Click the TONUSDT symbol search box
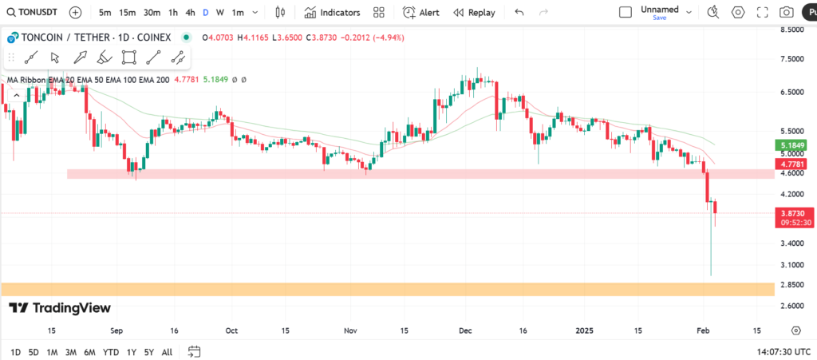[33, 13]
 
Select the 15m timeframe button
[127, 13]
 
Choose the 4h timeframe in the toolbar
[189, 13]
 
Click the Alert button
[420, 13]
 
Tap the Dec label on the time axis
[466, 330]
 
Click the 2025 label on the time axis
[585, 330]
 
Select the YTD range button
[111, 352]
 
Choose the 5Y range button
[148, 352]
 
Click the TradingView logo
[61, 308]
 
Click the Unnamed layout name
[659, 10]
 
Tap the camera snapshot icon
[787, 13]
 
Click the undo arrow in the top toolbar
[519, 13]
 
